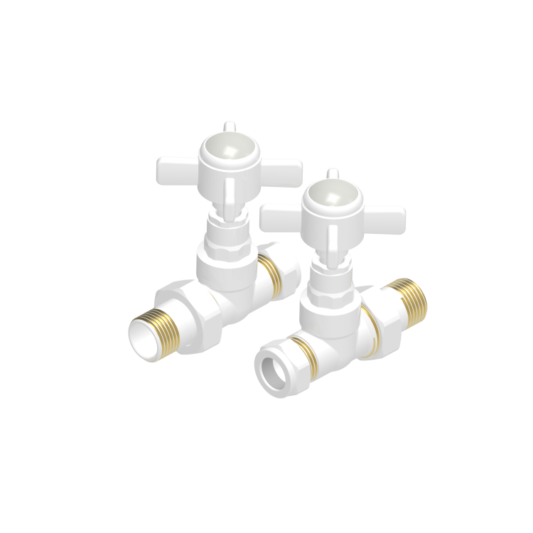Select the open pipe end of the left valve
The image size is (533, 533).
pos(143,334)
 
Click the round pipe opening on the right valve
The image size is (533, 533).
pos(273,370)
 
